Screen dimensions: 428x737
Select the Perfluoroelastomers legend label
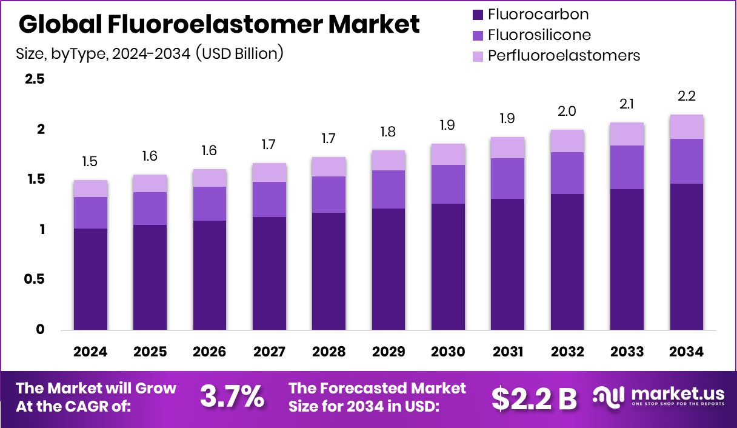click(564, 56)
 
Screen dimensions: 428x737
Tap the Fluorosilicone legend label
click(539, 35)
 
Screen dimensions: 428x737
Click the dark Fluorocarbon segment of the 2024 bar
click(90, 279)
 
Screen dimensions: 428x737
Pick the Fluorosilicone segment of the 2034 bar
click(687, 161)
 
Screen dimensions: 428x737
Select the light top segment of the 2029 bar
click(389, 160)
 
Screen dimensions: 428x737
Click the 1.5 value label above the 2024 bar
click(90, 162)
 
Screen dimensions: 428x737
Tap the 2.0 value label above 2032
click(567, 112)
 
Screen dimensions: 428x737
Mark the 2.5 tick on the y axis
click(35, 79)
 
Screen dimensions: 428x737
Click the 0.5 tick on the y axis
click(35, 279)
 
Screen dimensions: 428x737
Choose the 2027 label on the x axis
click(269, 352)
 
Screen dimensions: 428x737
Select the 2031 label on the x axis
click(508, 352)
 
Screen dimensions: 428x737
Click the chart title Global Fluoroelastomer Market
click(219, 24)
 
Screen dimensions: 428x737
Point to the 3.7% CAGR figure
click(232, 397)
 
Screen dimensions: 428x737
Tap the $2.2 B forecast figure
click(534, 398)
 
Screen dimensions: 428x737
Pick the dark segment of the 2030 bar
click(448, 267)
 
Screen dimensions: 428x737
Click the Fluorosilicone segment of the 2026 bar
click(210, 204)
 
